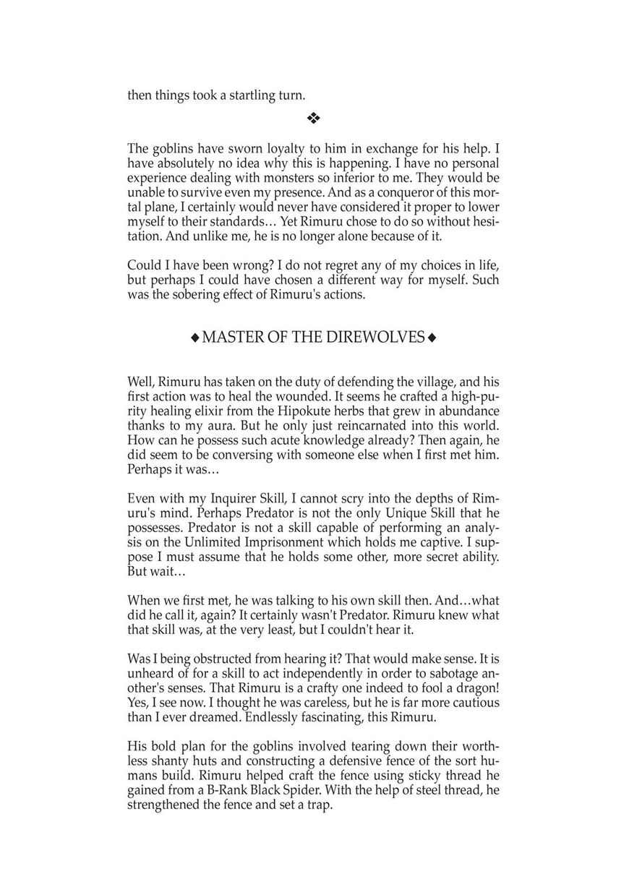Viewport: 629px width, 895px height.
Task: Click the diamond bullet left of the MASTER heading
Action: click(x=194, y=338)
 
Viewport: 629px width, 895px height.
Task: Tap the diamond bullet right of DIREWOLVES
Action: click(x=432, y=338)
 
